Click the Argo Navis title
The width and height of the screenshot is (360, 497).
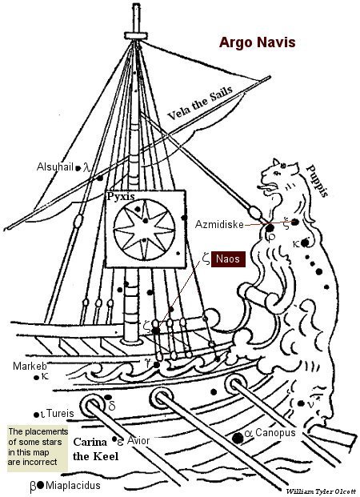pos(257,42)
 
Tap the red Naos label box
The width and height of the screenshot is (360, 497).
pos(228,259)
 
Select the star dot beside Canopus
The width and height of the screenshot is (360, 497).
pos(238,438)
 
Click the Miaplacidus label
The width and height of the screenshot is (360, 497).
pos(73,485)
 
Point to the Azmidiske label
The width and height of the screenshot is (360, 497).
pos(219,224)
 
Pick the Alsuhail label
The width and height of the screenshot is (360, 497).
pos(55,166)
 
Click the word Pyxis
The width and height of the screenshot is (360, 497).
pos(121,197)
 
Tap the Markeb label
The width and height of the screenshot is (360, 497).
pos(30,366)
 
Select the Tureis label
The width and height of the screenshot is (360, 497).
pos(60,413)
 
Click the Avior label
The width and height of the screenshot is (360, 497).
pos(138,440)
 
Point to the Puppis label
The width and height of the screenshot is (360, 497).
pos(318,181)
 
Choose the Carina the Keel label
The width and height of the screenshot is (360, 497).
pos(95,449)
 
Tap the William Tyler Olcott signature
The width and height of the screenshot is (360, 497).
pos(321,491)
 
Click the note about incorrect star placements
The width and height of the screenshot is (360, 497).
pos(38,447)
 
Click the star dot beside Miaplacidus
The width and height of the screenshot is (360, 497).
pos(40,485)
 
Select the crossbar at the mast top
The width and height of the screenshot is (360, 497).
pos(136,35)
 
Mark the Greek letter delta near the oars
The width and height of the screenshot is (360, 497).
pos(112,406)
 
